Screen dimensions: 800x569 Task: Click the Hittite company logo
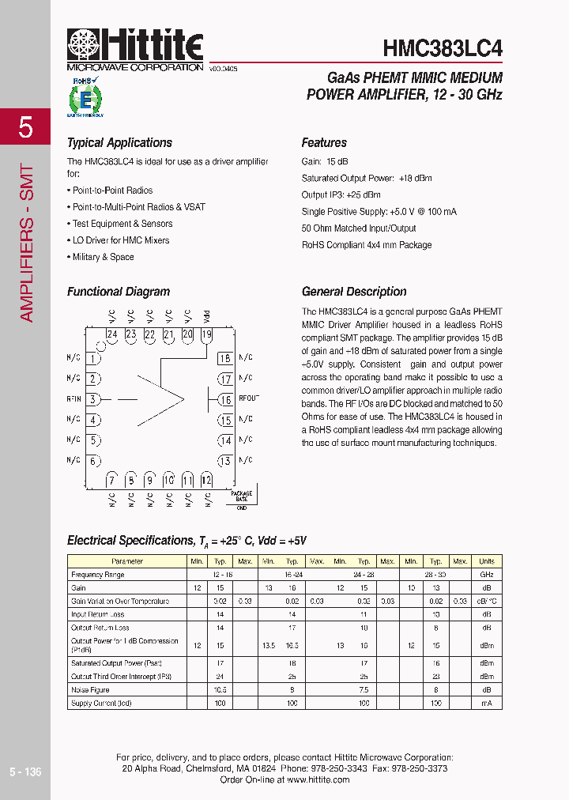[x=135, y=47]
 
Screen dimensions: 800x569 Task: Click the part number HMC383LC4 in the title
[x=443, y=47]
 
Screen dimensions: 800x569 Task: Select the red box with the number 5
[x=25, y=126]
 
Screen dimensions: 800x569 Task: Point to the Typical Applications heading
[x=119, y=143]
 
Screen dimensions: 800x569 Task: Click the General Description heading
[x=354, y=292]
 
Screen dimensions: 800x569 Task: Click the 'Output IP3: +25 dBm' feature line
[x=341, y=194]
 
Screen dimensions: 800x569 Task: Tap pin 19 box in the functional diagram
[x=206, y=334]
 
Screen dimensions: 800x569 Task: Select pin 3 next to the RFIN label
[x=93, y=399]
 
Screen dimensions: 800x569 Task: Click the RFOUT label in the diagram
[x=248, y=398]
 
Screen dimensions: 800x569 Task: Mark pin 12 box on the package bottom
[x=206, y=480]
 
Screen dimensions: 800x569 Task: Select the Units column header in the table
[x=487, y=561]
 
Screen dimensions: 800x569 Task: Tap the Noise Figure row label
[x=90, y=690]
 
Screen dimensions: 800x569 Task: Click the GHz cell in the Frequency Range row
[x=487, y=575]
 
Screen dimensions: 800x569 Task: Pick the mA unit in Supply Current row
[x=487, y=703]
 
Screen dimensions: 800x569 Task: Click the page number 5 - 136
[x=25, y=772]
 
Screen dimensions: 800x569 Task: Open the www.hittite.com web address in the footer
[x=318, y=779]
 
